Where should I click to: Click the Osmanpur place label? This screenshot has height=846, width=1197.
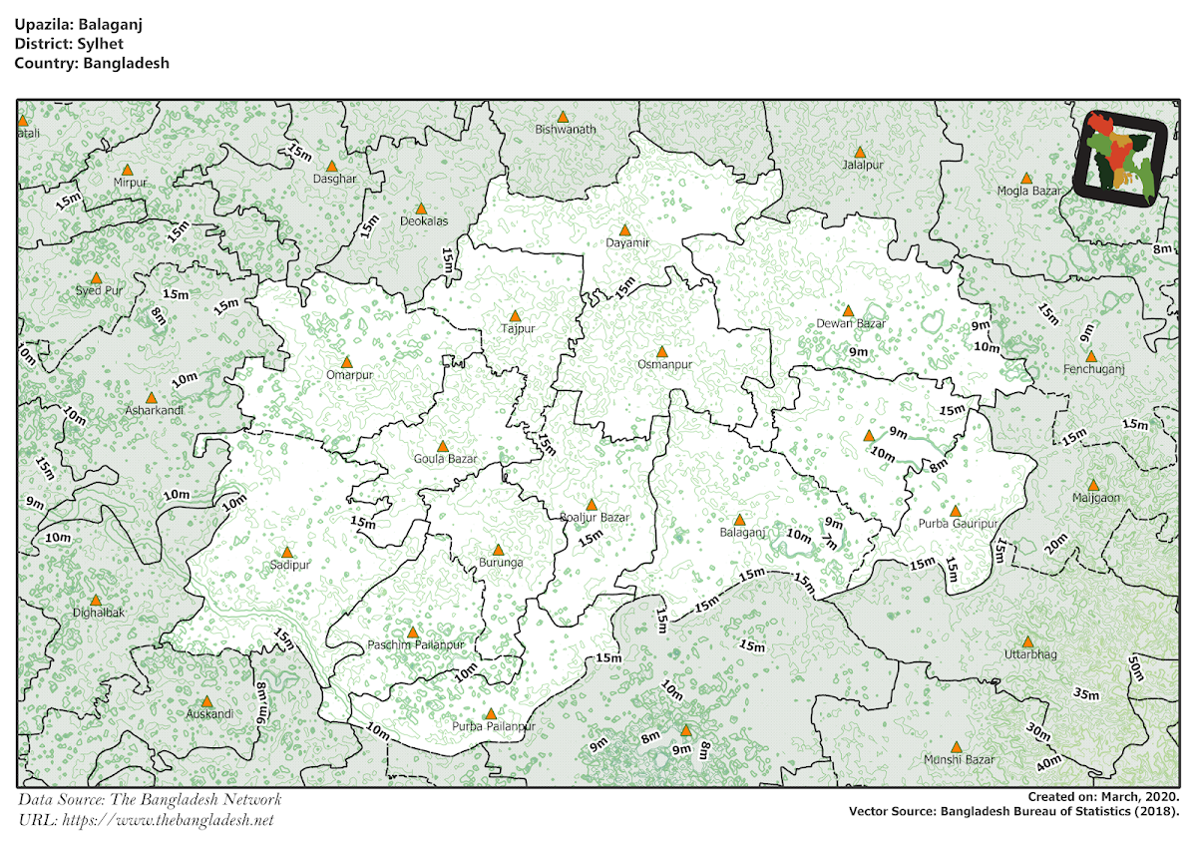(664, 365)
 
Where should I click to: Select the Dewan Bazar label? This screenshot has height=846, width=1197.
(851, 324)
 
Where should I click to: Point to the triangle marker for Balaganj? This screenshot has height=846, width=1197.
(739, 520)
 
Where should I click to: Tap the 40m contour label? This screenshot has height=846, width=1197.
(1047, 764)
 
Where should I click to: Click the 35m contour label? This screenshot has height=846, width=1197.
(1086, 694)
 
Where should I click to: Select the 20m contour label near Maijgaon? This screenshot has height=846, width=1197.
(1055, 545)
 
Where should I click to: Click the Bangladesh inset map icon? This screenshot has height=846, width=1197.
(1121, 159)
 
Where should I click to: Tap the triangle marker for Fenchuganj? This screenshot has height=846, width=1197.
(1090, 356)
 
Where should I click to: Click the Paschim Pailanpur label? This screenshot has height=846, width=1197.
(416, 645)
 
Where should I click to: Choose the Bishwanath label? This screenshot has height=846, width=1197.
(565, 130)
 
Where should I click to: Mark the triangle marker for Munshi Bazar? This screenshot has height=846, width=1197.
(956, 747)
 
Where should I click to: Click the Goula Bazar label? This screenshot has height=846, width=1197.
(445, 460)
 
